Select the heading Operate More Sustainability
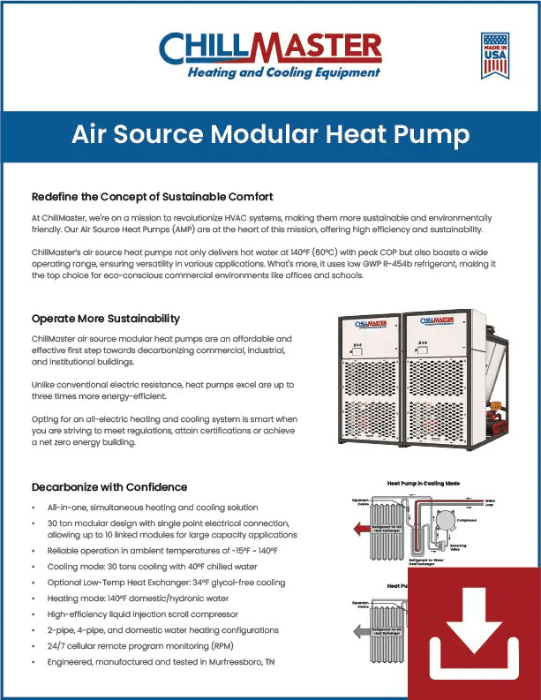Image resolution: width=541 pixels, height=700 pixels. point(106,319)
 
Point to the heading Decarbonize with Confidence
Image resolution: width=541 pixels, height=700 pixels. point(109,486)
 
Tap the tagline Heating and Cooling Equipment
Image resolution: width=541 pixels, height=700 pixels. point(284,72)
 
